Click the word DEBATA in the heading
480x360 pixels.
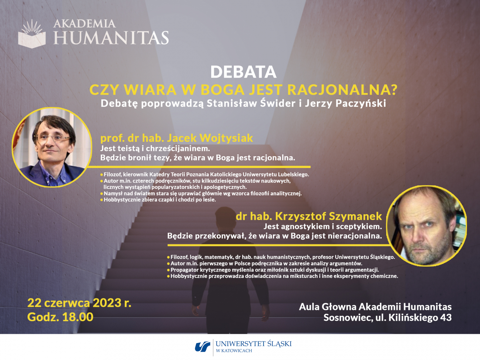point(243,72)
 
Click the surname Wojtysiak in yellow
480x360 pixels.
point(226,138)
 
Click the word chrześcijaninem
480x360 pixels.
point(178,149)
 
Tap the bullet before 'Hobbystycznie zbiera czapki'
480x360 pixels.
point(102,200)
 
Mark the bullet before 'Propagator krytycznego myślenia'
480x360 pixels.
point(168,270)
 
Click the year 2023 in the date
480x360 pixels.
point(107,303)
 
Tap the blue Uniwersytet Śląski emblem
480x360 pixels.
point(202,347)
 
